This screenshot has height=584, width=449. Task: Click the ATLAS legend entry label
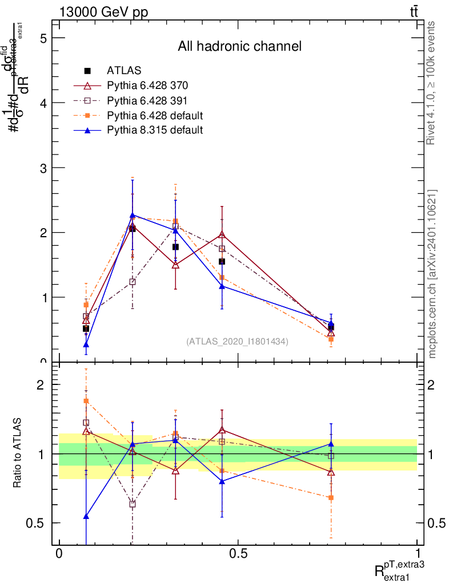click(x=124, y=71)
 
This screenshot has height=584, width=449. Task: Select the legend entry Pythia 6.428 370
click(x=147, y=86)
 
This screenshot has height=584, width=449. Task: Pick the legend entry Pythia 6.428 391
click(x=147, y=100)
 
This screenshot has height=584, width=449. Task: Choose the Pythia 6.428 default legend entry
click(x=155, y=115)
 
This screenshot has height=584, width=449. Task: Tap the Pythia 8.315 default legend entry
click(x=155, y=130)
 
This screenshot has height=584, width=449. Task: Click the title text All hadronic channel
click(x=239, y=46)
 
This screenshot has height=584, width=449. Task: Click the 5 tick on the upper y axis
click(x=42, y=38)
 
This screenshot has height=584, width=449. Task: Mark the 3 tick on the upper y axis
click(x=42, y=168)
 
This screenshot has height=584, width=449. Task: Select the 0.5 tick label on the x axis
click(x=238, y=554)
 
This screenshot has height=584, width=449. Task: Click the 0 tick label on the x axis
click(x=59, y=554)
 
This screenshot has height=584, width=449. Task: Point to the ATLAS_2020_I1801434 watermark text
click(x=237, y=341)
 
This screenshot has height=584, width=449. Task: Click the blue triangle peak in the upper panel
click(x=133, y=215)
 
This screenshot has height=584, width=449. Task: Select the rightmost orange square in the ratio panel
click(x=331, y=497)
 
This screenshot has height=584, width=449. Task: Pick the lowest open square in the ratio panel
click(x=133, y=504)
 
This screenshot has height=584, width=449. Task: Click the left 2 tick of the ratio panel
click(x=42, y=384)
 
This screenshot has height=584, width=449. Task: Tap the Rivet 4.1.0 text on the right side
click(x=432, y=83)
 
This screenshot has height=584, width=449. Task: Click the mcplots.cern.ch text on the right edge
click(x=432, y=274)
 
